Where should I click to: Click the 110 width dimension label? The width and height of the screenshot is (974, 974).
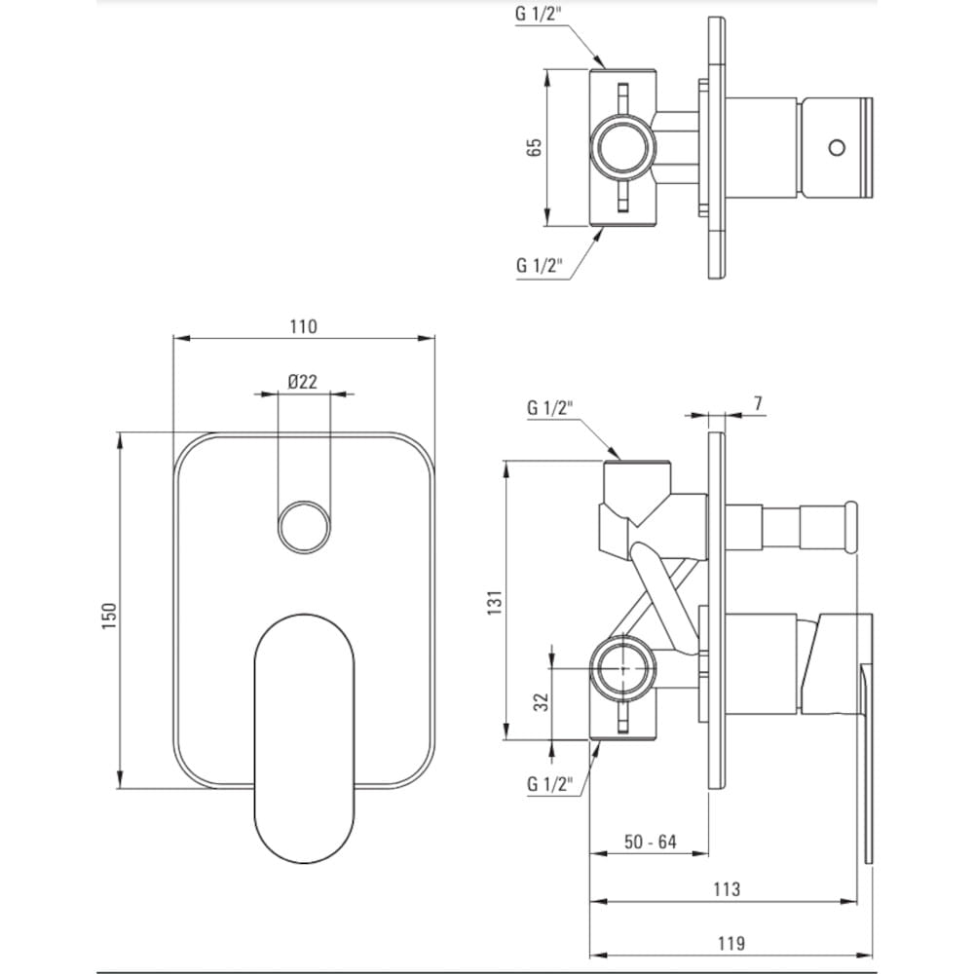[303, 326]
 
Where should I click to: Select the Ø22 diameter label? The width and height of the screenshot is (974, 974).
[303, 382]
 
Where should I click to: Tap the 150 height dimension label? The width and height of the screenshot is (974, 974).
[109, 616]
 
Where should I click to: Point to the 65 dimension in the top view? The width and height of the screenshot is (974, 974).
[534, 147]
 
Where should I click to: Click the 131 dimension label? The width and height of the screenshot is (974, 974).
[495, 603]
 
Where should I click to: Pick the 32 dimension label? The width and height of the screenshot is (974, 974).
[543, 702]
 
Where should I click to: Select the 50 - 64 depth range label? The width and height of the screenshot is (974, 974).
[650, 843]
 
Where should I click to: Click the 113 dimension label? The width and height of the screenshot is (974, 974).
[727, 889]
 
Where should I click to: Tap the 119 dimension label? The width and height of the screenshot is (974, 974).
[731, 944]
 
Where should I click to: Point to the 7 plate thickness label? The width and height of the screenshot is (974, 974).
[758, 404]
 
